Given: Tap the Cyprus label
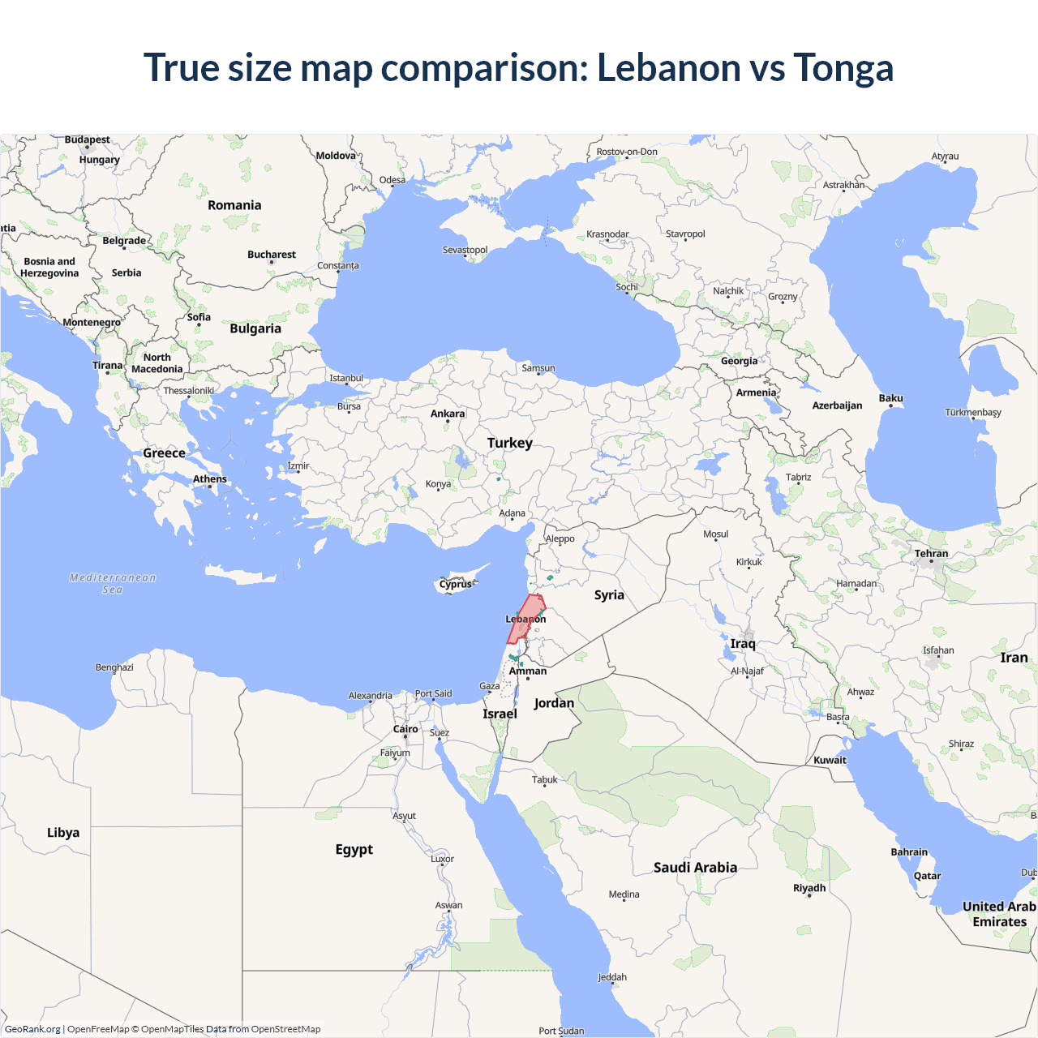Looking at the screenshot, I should click(455, 584).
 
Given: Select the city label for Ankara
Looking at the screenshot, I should click(448, 414).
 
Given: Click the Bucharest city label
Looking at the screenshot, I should click(272, 255).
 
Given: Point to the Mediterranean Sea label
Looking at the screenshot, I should click(113, 583).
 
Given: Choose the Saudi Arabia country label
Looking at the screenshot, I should click(695, 868).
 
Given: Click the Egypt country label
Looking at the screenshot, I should click(354, 849).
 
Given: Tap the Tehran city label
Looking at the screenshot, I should click(931, 554).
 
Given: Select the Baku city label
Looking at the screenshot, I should click(890, 398).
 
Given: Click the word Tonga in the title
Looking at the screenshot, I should click(843, 67).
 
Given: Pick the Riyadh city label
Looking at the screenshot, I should click(809, 888).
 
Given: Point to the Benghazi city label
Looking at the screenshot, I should click(114, 667).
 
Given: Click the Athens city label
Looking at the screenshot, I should click(210, 479).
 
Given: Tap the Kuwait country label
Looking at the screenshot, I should click(830, 761).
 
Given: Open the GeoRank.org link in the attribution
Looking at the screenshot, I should click(32, 1029).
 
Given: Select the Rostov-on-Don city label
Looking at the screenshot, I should click(627, 152).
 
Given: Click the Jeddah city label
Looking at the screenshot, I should click(612, 977).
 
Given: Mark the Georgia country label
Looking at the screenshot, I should click(739, 361).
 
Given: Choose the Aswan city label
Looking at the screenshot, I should click(448, 905).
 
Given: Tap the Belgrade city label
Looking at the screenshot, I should click(124, 241).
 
